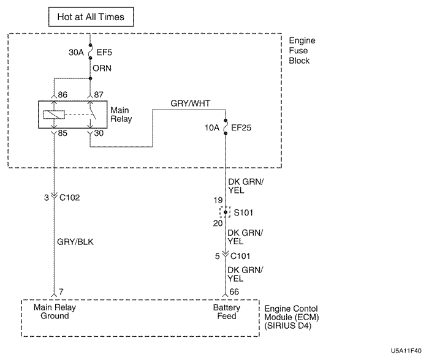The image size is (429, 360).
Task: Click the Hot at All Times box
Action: pos(91,17)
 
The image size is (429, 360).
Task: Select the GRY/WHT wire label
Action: pos(191,103)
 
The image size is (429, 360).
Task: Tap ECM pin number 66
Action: pos(235,293)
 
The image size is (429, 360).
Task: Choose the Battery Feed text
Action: pos(226,312)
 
